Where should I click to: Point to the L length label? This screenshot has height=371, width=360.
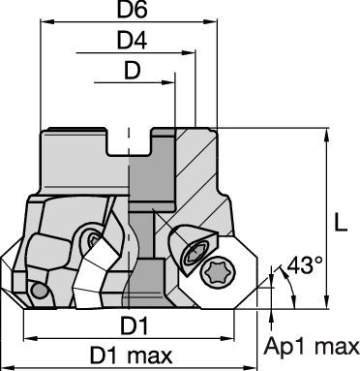[x=340, y=222]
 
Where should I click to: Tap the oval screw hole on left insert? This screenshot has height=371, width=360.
[x=94, y=239]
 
